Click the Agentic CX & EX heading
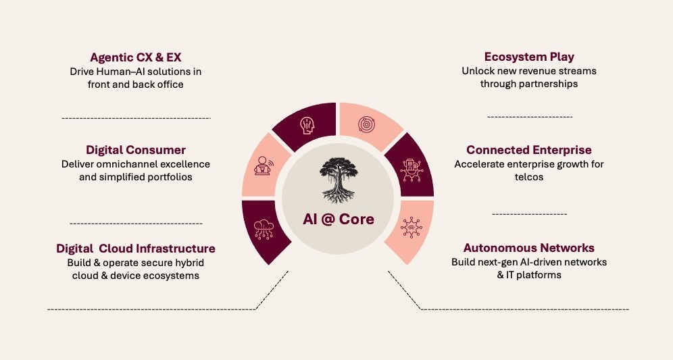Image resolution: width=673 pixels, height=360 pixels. (135, 57)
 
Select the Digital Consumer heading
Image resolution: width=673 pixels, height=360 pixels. (135, 149)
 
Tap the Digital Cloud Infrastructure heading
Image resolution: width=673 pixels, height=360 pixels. (135, 248)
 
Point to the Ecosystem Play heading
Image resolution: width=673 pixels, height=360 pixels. (529, 57)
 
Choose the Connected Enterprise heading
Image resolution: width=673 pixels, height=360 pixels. (529, 149)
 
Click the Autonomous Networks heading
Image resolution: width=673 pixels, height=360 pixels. (529, 248)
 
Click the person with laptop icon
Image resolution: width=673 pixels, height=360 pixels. (263, 165)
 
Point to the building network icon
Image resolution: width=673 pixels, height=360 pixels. (411, 168)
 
